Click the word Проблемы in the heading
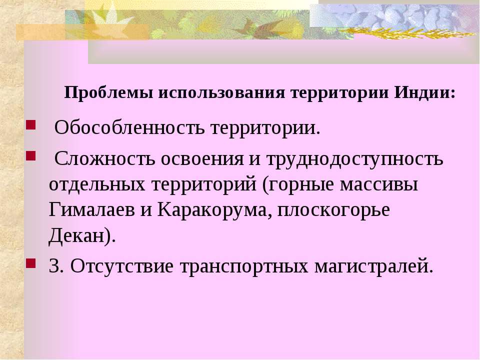click(108, 93)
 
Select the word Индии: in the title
click(425, 92)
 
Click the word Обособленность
click(129, 127)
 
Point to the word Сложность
click(105, 159)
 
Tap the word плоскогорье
click(333, 211)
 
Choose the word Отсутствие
click(122, 266)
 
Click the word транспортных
click(244, 267)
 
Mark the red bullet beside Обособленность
click(31, 125)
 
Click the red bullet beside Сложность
click(31, 156)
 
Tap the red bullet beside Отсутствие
click(31, 263)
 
